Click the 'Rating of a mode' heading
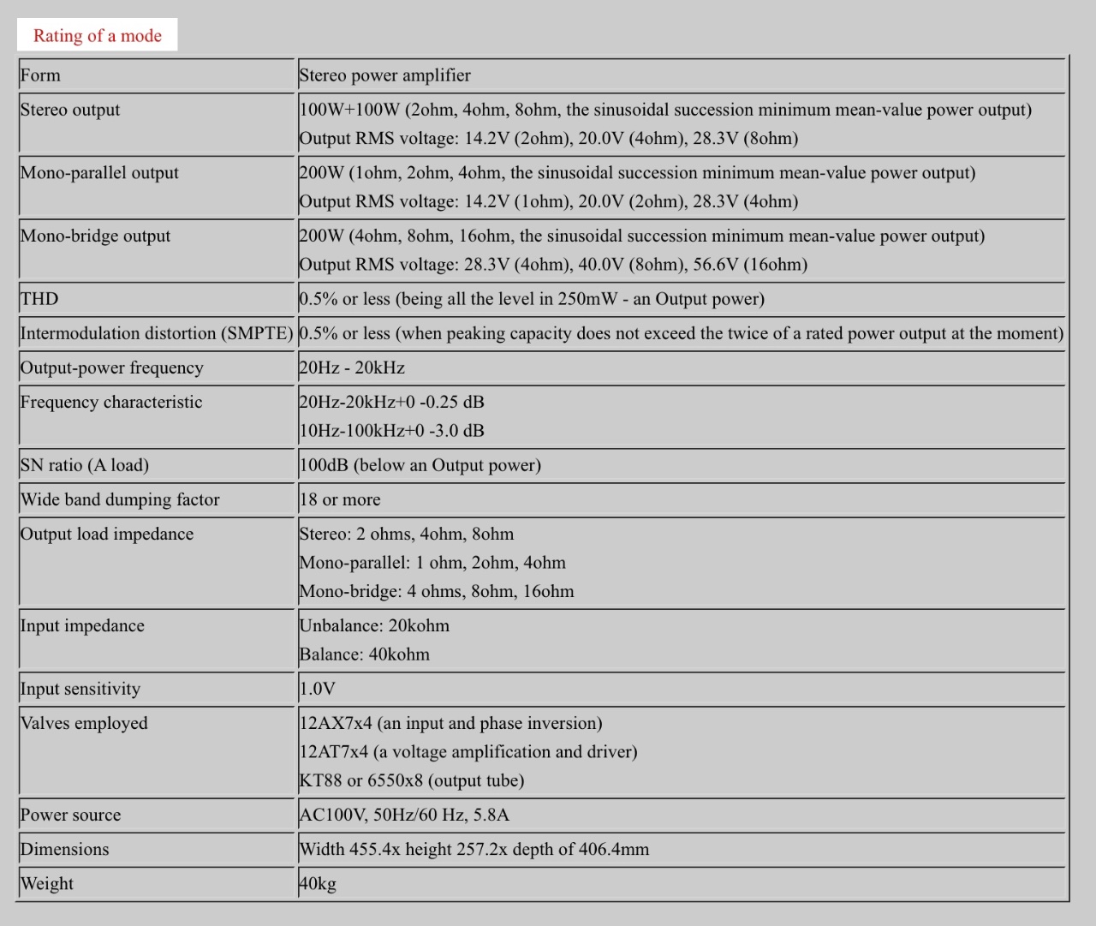tap(97, 36)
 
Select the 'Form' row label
tap(40, 75)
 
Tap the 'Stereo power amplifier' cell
tap(384, 75)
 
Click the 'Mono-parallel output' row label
tap(99, 173)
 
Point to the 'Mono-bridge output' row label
tap(95, 236)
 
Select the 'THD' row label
tap(39, 299)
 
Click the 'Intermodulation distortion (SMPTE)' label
tap(157, 333)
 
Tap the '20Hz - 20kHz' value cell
tap(352, 368)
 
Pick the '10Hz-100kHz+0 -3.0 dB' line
tap(391, 431)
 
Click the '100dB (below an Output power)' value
tap(420, 465)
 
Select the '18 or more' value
tap(340, 499)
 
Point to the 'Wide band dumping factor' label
tap(120, 499)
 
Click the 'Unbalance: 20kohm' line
tap(374, 626)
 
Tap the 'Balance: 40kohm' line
tap(364, 654)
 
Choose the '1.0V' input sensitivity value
tap(317, 689)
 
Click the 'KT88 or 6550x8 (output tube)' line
tap(411, 780)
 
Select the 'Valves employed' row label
tap(84, 723)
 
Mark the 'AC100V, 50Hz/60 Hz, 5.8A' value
tap(403, 815)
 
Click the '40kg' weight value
tap(318, 884)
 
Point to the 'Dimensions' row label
tap(65, 850)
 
